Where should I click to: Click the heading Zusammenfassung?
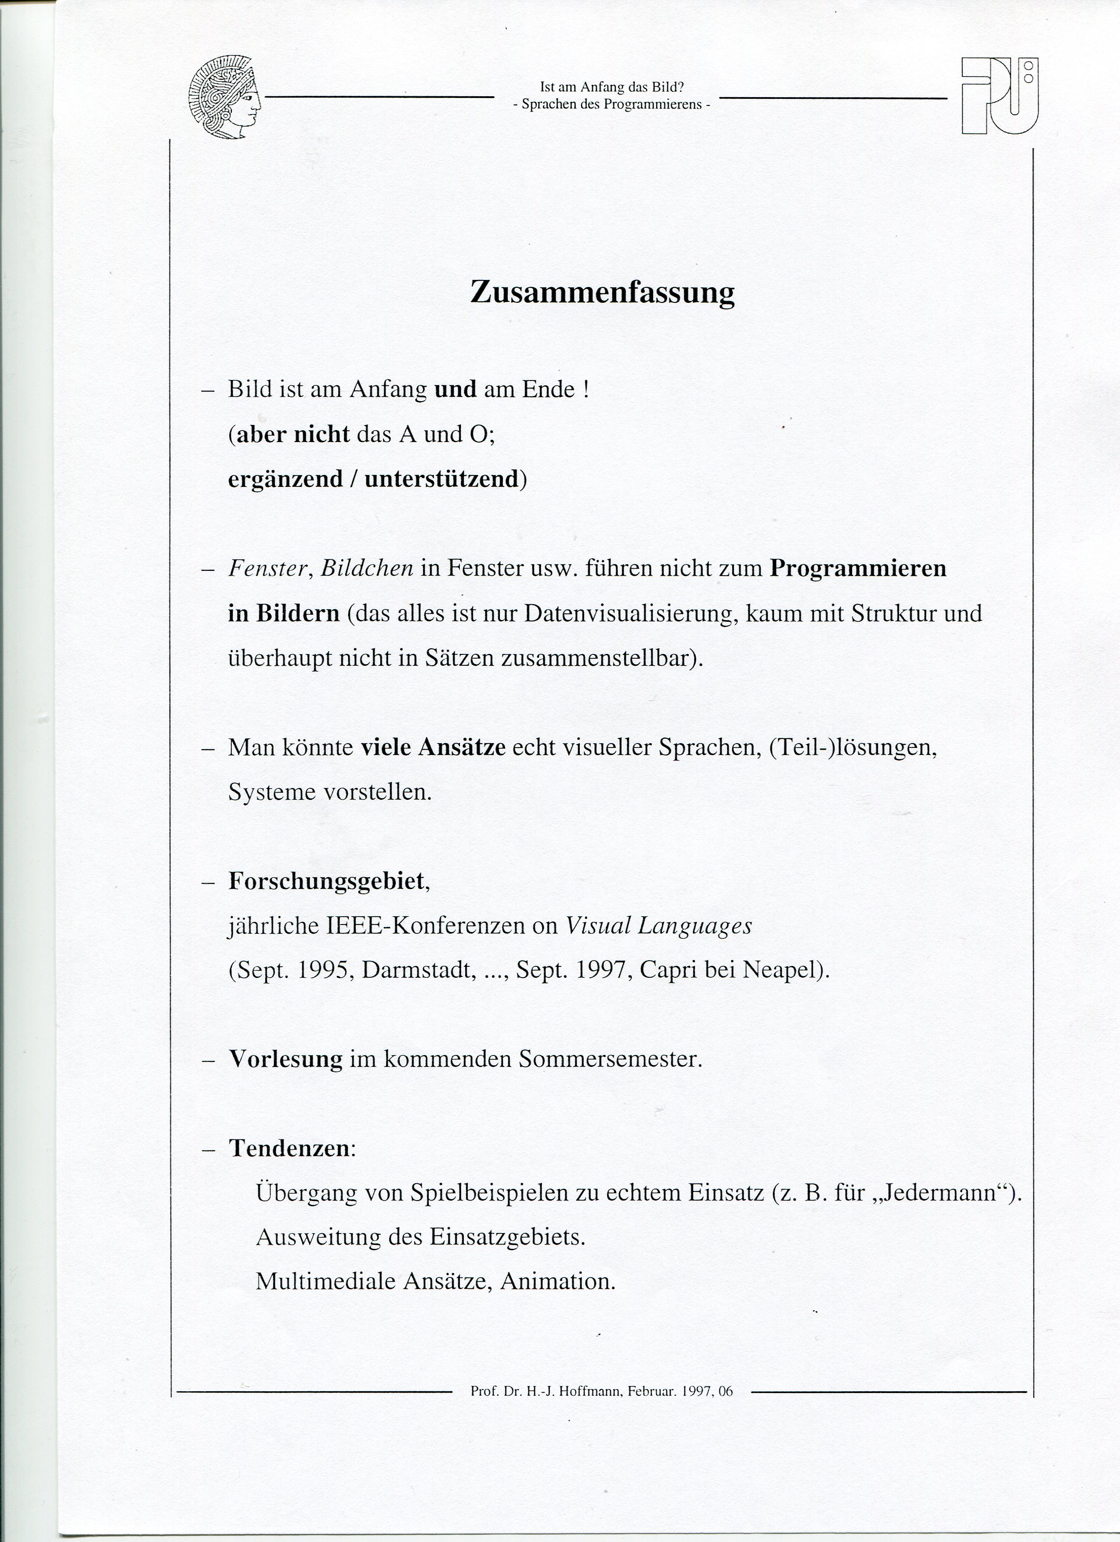602,292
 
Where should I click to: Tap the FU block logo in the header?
1000,96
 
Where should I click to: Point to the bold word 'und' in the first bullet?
455,390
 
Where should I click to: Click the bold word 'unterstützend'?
442,479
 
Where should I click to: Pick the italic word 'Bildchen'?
367,568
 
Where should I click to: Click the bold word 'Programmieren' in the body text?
858,568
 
